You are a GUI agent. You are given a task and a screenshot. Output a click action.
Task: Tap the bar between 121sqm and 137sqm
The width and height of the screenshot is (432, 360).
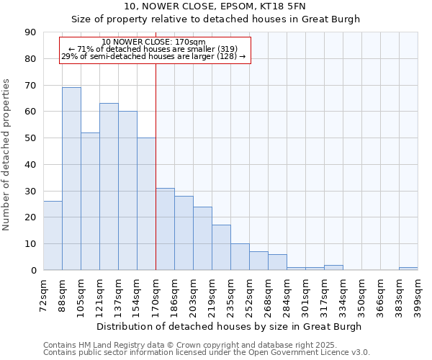(x=109, y=186)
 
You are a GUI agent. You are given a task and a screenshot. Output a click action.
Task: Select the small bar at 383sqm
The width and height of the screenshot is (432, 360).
(x=408, y=269)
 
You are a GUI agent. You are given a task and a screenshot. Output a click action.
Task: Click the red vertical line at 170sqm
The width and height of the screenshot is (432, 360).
(x=156, y=166)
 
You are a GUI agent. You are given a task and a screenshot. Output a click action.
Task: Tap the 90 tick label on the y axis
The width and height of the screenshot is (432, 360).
(x=30, y=32)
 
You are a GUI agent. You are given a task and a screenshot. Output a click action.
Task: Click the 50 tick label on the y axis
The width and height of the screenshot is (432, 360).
(x=30, y=138)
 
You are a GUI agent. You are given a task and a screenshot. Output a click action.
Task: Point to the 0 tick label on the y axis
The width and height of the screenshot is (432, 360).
(x=33, y=271)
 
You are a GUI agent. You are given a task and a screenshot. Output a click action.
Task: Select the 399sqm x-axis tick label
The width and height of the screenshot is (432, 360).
(x=418, y=294)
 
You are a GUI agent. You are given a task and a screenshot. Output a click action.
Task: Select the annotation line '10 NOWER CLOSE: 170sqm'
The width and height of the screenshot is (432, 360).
(x=154, y=42)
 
